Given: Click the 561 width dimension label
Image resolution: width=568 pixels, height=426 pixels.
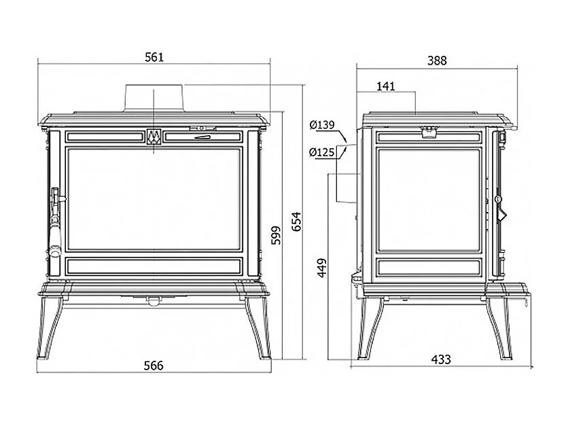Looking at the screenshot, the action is (154, 57).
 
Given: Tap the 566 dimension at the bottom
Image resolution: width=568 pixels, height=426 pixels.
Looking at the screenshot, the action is (154, 366).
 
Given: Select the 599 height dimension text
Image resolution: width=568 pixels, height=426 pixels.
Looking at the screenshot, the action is (276, 236).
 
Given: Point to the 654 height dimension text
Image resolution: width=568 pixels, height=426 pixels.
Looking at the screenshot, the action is (296, 221).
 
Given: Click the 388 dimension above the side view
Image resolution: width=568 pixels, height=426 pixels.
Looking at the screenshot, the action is (437, 60).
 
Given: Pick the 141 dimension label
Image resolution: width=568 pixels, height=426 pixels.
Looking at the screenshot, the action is (386, 86).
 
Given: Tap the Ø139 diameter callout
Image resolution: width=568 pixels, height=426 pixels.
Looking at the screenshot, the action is (322, 125).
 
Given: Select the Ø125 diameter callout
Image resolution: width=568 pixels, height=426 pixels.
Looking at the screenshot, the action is (321, 152).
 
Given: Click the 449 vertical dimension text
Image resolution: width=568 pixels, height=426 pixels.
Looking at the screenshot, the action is (321, 268).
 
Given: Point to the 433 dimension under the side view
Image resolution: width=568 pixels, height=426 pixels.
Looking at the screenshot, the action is (441, 359).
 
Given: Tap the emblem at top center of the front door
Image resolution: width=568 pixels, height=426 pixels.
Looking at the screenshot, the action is (154, 137).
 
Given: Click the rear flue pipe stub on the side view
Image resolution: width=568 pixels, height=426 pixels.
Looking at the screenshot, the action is (348, 174).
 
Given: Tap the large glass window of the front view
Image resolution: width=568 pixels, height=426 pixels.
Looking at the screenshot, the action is (154, 199).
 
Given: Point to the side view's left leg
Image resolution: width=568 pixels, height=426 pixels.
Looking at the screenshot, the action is (370, 328).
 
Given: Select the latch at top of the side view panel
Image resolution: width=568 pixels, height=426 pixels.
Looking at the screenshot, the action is (429, 132).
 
